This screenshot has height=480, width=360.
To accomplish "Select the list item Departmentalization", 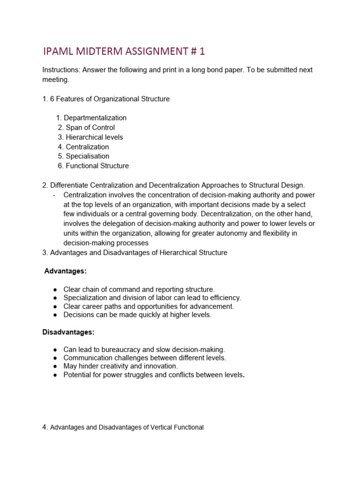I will point(95,118).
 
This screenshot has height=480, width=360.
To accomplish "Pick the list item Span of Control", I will point(90,127).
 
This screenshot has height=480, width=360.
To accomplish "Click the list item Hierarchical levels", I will point(94,137).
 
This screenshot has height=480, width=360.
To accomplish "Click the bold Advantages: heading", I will point(65,271).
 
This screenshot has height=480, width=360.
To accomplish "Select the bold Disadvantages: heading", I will point(68,332).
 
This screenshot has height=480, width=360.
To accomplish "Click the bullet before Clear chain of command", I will point(55,290).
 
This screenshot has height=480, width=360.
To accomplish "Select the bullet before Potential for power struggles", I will point(55,375).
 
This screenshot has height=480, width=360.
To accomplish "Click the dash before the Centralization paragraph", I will point(55,195).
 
